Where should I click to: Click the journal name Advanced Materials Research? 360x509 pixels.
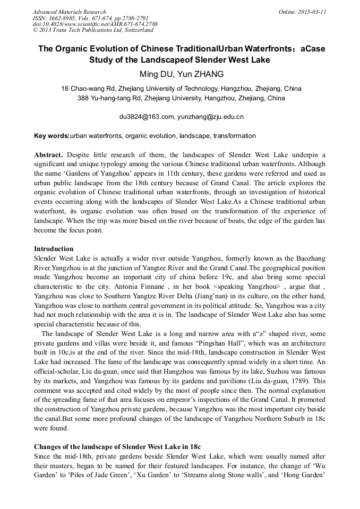[69, 12]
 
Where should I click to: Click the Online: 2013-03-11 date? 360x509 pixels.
[302, 12]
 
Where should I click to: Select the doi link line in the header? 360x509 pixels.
[95, 24]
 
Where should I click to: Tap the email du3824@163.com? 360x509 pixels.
[147, 117]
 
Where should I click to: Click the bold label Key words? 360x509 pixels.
[52, 136]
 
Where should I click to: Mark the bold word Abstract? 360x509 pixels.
[49, 154]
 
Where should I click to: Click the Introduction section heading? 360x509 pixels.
[54, 249]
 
